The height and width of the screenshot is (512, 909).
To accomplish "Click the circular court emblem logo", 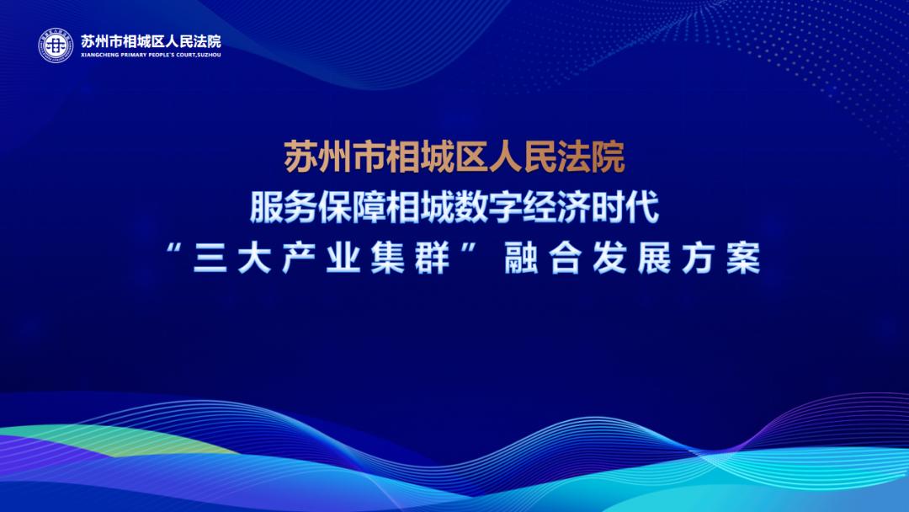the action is tap(56, 45).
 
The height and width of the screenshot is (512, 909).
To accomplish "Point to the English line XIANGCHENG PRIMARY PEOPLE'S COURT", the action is tap(151, 55).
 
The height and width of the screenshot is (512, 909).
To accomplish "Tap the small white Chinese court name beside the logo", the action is tap(151, 41).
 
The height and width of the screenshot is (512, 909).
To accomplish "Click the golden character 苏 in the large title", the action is tap(300, 157).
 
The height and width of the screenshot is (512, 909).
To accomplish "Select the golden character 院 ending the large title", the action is tap(609, 157).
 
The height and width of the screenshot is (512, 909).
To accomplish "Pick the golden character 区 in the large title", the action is tap(472, 157).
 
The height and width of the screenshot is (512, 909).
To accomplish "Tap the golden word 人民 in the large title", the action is tap(523, 157).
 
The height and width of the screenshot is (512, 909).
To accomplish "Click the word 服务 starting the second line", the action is tap(284, 207).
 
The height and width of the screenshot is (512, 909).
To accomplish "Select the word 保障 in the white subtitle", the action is tap(352, 207).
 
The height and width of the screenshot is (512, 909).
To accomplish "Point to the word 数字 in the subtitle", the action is tap(488, 207).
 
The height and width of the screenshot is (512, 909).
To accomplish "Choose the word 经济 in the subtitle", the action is tap(556, 207).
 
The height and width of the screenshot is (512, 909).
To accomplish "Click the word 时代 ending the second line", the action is tap(625, 207).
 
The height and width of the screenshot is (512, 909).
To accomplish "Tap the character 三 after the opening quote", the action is tap(210, 258).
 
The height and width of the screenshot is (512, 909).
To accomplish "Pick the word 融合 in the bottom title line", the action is tap(543, 258).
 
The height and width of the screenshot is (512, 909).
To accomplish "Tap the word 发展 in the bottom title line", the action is tap(631, 258).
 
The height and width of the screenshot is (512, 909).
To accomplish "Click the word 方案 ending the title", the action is tap(720, 258).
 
